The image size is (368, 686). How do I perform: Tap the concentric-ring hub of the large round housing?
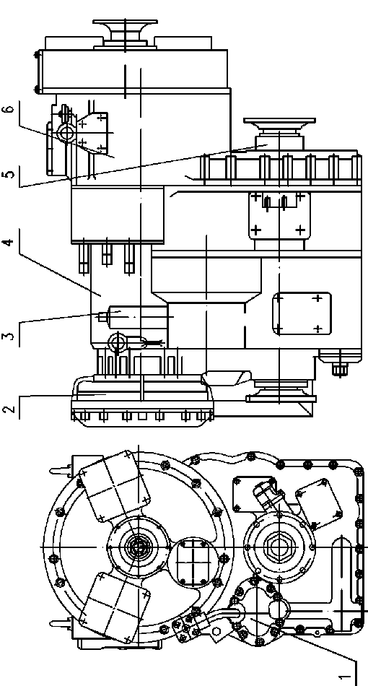coord(138,547)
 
